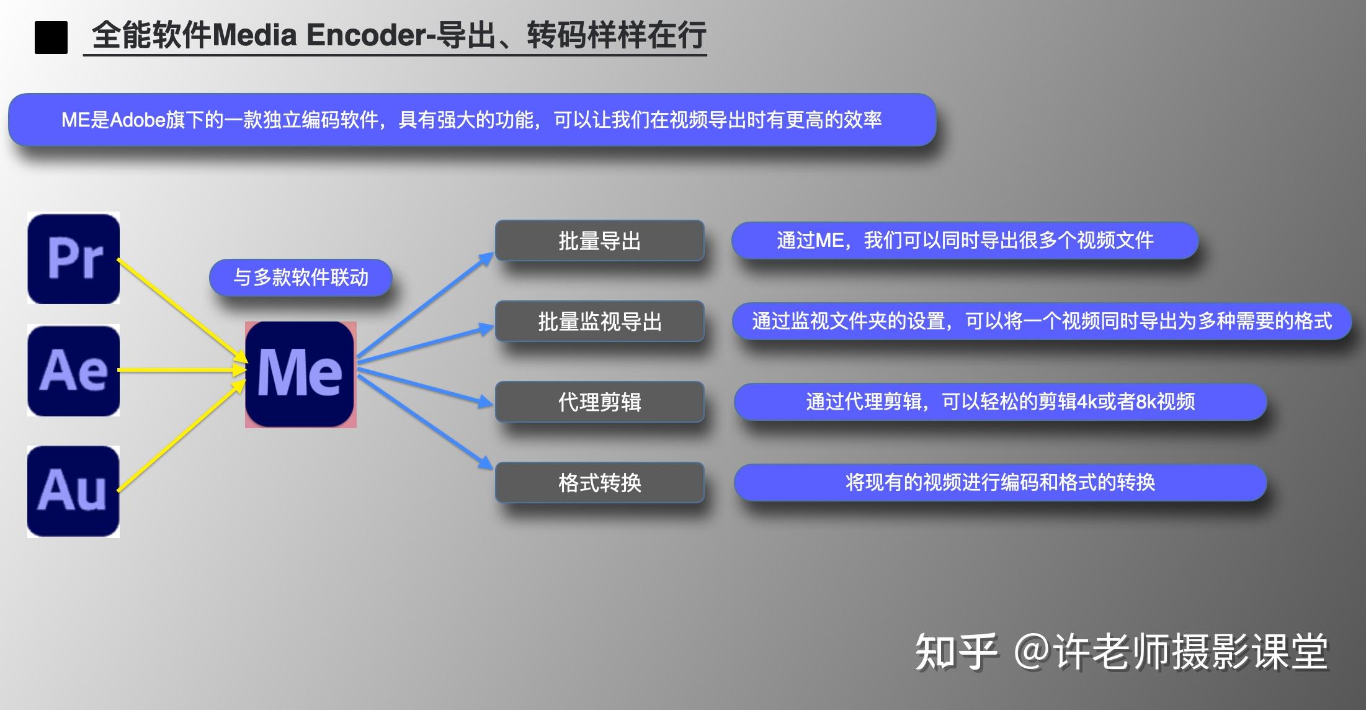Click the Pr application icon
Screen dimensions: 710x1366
pos(74,258)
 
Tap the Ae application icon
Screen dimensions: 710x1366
pos(74,371)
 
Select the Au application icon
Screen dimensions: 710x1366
pos(74,491)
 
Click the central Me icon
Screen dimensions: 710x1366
pos(300,374)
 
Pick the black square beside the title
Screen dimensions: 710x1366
pos(51,37)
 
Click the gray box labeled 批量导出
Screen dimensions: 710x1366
pos(599,241)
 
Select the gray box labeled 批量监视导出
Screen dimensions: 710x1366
pos(599,321)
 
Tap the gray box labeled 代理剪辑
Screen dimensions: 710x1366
pos(599,402)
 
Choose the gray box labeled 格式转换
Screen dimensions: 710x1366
pos(599,482)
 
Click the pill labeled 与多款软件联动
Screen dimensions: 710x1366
pos(301,277)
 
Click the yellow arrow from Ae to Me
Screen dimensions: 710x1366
pos(180,370)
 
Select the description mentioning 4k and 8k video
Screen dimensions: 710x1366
pos(1000,402)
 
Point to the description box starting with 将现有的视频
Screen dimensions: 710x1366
pos(1000,482)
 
